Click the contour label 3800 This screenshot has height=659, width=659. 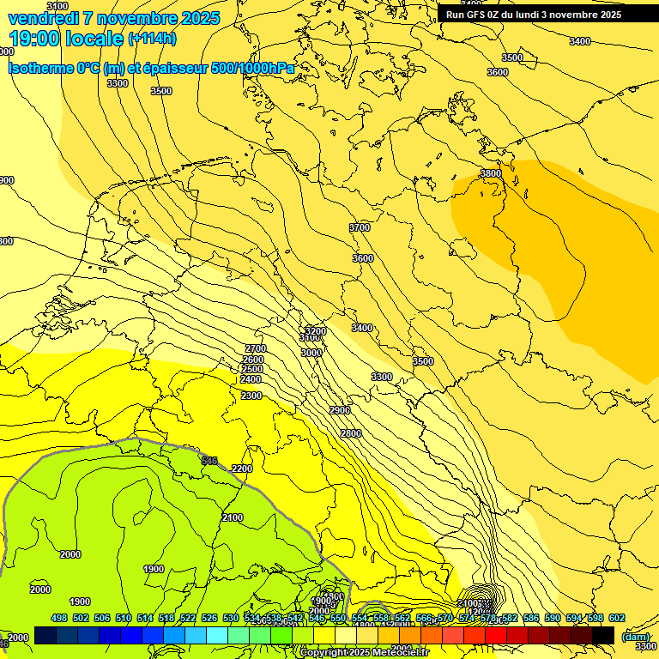491,173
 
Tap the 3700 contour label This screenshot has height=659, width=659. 360,227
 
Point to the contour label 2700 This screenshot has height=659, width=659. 256,348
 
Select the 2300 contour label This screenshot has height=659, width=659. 251,396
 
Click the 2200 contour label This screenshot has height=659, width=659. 242,469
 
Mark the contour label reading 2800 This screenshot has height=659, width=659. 351,433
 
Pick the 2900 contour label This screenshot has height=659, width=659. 340,410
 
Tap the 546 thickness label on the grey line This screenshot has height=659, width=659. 209,461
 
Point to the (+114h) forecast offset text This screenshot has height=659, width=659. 152,39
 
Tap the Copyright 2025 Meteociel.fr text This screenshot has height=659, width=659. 364,653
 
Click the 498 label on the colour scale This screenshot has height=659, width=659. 59,618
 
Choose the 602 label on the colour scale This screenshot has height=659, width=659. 617,618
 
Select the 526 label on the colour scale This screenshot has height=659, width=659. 209,618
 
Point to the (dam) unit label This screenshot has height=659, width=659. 636,636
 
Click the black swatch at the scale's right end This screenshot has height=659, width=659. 603,635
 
